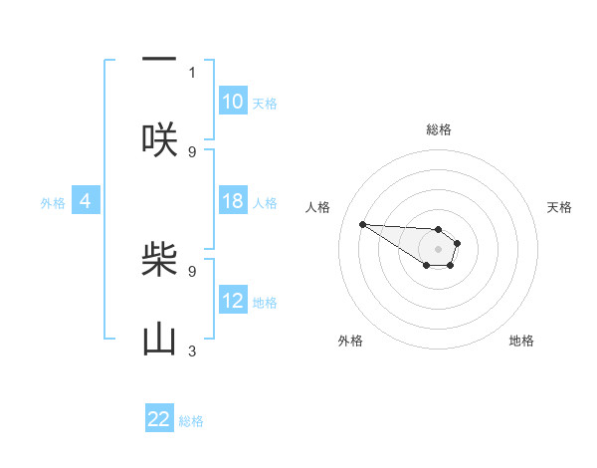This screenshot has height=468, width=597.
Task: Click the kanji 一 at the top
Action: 159,60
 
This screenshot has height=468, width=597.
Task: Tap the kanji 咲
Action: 159,139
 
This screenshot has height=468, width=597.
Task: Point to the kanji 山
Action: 159,341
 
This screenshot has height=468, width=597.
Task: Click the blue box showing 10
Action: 233,102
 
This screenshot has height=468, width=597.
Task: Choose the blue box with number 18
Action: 233,201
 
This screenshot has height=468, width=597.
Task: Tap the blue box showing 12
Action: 233,301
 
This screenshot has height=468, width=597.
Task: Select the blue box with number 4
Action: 86,201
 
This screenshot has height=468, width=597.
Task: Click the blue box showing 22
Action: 159,419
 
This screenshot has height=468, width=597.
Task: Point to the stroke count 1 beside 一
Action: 192,72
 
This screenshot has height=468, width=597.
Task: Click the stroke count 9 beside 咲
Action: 192,151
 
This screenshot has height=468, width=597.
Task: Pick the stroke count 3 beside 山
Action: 192,351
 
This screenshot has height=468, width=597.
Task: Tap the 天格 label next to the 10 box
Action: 265,103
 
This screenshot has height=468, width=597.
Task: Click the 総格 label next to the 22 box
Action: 191,421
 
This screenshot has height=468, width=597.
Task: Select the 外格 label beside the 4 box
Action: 53,202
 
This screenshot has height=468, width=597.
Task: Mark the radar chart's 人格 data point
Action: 362,224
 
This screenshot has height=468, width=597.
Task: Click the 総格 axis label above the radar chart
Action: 439,129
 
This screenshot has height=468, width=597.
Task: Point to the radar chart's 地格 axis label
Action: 521,341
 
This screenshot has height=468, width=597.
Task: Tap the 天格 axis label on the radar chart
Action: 560,207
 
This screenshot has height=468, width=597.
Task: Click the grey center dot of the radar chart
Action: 438,249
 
